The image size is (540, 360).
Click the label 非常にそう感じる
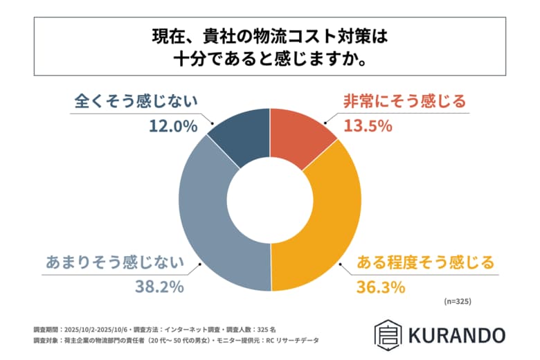(404, 102)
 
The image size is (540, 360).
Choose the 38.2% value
(159, 287)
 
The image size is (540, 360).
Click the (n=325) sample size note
(457, 302)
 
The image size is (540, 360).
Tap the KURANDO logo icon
(385, 333)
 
